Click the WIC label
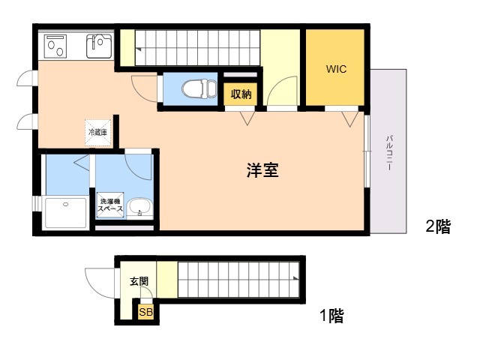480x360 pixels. click(335, 69)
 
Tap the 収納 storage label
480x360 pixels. click(241, 94)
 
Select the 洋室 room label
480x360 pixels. click(262, 170)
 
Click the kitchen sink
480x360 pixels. click(98, 46)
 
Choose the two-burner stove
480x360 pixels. click(55, 46)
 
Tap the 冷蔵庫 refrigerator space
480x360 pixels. click(98, 132)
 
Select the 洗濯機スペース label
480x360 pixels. click(109, 204)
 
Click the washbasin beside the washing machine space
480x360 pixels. click(137, 207)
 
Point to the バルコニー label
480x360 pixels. click(389, 153)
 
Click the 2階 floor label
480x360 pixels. click(438, 227)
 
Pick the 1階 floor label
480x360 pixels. click(331, 316)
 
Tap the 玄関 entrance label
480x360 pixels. click(139, 282)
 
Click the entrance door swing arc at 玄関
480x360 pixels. click(97, 281)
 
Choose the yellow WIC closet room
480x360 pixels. click(335, 82)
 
